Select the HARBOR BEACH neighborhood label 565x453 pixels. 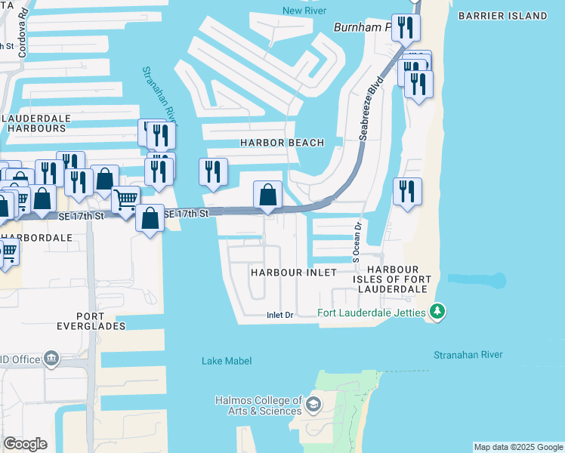click(x=282, y=143)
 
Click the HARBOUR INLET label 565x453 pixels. click(x=294, y=272)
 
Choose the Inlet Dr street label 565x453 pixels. click(x=279, y=315)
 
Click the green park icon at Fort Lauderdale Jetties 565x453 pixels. click(x=437, y=311)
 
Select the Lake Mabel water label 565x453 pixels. click(x=227, y=361)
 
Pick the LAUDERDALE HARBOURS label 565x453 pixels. click(x=37, y=124)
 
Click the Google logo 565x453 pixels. click(x=25, y=444)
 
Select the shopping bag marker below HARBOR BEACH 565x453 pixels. click(x=267, y=195)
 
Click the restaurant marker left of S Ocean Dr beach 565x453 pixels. click(x=407, y=191)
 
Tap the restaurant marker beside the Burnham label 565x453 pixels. click(x=406, y=27)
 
